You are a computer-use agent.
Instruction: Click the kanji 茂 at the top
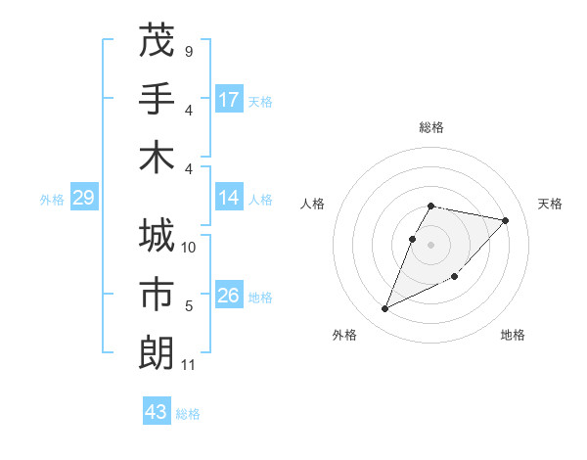[157, 41]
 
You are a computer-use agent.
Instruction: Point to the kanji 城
[157, 238]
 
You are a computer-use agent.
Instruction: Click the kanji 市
[157, 295]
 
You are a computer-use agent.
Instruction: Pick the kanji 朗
[157, 352]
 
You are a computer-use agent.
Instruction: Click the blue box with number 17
[229, 100]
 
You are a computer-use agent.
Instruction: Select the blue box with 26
[229, 297]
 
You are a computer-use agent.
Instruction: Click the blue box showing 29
[84, 199]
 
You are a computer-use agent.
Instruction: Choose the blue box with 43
[157, 412]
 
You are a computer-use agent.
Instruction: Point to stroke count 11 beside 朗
[189, 365]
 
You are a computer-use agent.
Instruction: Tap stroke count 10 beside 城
[189, 248]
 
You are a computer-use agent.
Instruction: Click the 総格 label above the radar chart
[430, 128]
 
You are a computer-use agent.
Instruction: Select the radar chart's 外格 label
[344, 335]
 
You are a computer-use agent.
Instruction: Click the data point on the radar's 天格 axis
[505, 220]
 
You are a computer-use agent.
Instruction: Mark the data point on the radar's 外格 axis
[385, 308]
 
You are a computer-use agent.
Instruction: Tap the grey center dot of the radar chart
[430, 245]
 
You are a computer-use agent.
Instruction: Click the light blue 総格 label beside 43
[188, 414]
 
